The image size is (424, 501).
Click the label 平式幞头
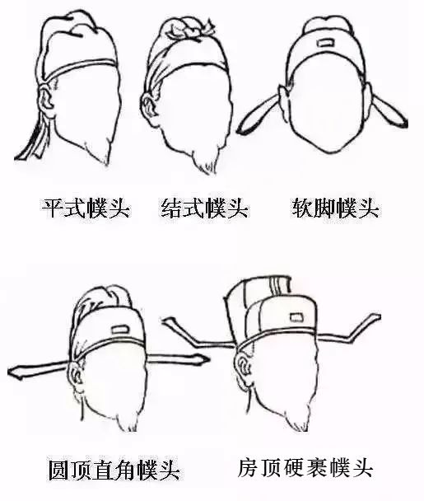point(86,206)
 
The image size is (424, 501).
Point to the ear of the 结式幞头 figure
point(149,106)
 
